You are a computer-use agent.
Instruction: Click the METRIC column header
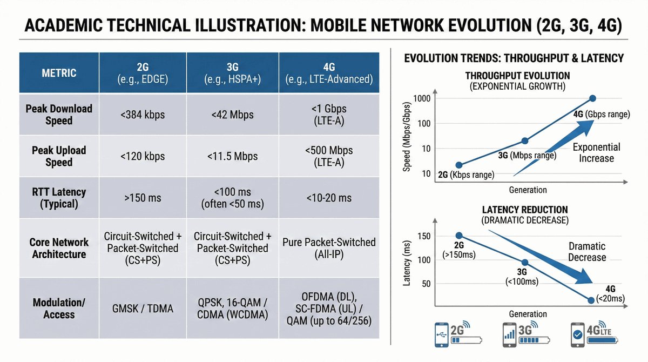click(59, 73)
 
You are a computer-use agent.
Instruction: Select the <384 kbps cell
click(143, 115)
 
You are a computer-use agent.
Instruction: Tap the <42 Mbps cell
click(232, 115)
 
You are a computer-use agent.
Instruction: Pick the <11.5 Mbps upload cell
click(232, 156)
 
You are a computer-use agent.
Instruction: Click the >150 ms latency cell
click(143, 198)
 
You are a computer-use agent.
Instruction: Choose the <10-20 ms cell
click(329, 198)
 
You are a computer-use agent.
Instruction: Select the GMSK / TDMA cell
click(143, 309)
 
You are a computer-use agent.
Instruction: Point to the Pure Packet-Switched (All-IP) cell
click(329, 249)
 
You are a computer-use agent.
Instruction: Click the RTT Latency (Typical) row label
click(59, 198)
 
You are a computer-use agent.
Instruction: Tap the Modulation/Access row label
click(59, 309)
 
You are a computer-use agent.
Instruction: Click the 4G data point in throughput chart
click(592, 98)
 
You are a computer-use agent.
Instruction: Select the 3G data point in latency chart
click(525, 263)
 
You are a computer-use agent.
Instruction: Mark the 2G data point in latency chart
click(459, 236)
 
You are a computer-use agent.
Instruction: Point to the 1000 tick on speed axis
click(422, 99)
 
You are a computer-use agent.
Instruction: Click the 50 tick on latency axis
click(426, 284)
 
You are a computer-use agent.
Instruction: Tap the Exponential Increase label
click(597, 153)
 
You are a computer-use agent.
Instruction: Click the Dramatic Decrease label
click(587, 252)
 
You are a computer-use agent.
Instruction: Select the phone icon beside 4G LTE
click(577, 335)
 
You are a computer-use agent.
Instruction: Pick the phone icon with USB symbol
click(442, 335)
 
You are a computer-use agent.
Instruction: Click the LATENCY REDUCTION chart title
click(525, 210)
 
